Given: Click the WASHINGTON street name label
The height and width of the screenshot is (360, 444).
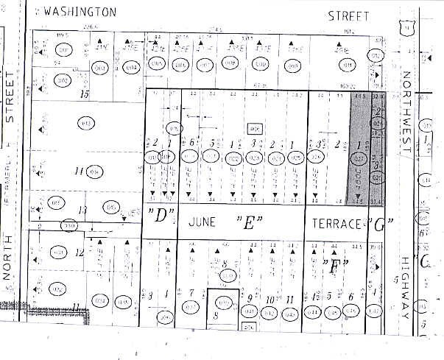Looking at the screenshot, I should tap(81, 13).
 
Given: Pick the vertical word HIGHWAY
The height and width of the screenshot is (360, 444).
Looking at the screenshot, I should tap(406, 292).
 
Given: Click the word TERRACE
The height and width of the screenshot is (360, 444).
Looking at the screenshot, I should tap(336, 222).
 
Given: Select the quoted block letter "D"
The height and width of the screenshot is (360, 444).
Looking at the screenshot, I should tap(160, 216).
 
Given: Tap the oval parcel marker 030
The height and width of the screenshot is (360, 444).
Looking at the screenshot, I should tap(70, 225).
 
